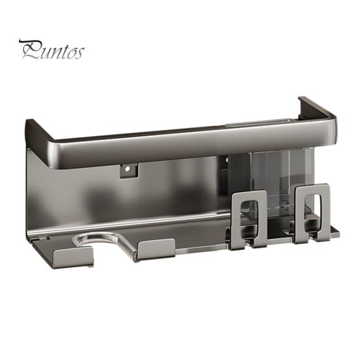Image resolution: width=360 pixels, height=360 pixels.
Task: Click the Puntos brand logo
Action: (51, 50)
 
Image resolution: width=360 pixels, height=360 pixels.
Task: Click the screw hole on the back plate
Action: (128, 170)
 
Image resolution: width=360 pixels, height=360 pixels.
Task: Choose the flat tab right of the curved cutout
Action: (157, 248)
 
